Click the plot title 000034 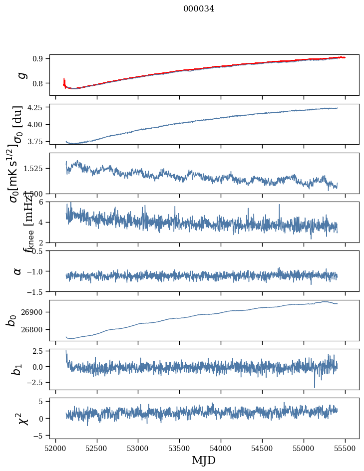coord(199,8)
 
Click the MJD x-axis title coord(204,460)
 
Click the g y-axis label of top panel coord(21,75)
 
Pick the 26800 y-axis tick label coord(33,329)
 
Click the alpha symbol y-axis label coord(18,271)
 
